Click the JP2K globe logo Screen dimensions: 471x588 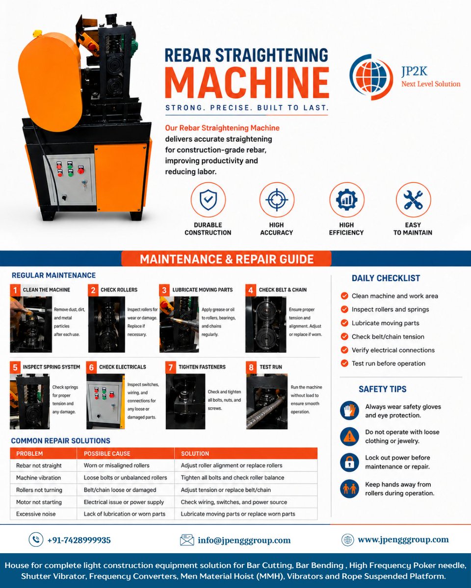click(x=371, y=77)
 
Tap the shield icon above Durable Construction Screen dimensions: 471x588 click(x=208, y=200)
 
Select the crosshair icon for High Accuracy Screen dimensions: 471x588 click(x=277, y=200)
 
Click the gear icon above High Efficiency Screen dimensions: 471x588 click(x=346, y=200)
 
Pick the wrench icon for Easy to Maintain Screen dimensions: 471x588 click(x=413, y=200)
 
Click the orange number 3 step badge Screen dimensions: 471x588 click(x=164, y=290)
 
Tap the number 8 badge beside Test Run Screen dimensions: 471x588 click(x=251, y=367)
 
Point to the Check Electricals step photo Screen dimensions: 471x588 click(x=105, y=401)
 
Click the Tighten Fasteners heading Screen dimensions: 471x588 click(x=202, y=367)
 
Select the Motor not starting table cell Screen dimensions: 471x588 click(x=39, y=502)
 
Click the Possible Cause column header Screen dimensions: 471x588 click(x=107, y=454)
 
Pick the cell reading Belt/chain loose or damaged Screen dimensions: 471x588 click(x=120, y=490)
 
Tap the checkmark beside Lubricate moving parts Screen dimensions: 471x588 click(x=344, y=323)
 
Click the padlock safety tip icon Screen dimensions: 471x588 click(x=349, y=462)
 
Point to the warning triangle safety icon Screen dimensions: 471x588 click(x=349, y=437)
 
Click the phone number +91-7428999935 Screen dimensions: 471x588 click(x=79, y=540)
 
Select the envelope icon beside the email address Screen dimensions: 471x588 click(x=187, y=540)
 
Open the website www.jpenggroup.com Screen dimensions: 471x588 click(x=403, y=539)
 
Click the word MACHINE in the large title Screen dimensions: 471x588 click(x=247, y=82)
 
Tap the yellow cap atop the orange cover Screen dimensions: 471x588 click(x=37, y=34)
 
